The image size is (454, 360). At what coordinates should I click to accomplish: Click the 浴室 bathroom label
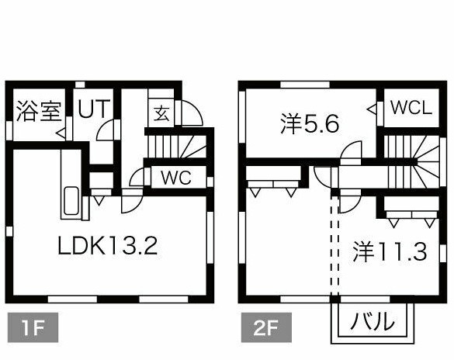[38, 111]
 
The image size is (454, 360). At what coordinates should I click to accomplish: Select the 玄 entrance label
[161, 113]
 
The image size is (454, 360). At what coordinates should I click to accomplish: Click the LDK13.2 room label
[109, 246]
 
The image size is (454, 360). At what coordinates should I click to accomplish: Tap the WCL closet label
[411, 109]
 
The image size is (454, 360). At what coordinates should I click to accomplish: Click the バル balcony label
[372, 320]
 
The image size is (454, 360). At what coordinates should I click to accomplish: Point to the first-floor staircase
[176, 144]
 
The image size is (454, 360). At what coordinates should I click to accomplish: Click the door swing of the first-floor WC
[139, 176]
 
